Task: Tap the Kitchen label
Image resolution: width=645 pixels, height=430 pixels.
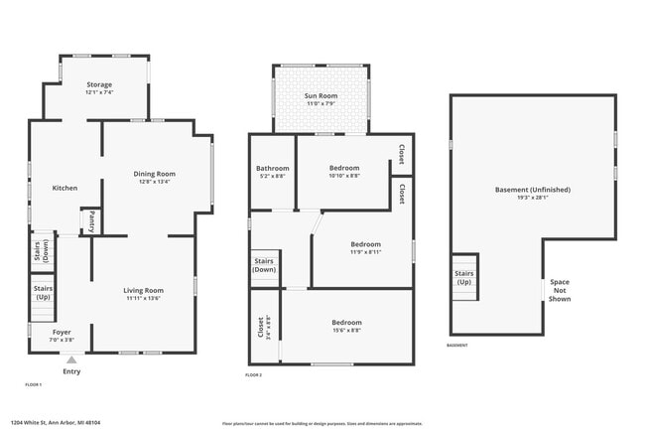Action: click(64, 188)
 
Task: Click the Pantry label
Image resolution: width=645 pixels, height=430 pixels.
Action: click(91, 220)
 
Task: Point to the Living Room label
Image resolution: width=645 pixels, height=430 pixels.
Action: click(144, 293)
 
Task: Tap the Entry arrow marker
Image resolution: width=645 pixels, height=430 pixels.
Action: click(71, 359)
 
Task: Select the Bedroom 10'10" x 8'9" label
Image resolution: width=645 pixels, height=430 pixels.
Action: click(345, 172)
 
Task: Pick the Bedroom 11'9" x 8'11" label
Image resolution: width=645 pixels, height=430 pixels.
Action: click(365, 248)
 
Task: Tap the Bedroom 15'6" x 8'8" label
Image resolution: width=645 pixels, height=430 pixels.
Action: click(346, 326)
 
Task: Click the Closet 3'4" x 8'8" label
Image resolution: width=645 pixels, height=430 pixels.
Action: click(263, 327)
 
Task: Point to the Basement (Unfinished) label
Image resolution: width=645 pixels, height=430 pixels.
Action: click(534, 193)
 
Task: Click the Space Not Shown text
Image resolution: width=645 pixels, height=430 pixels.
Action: click(560, 290)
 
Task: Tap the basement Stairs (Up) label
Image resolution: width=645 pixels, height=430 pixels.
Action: click(463, 277)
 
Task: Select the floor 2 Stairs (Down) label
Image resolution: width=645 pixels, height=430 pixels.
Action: click(265, 265)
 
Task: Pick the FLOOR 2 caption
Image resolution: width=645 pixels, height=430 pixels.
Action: click(253, 374)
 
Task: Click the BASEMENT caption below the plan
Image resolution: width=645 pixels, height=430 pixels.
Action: click(457, 346)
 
